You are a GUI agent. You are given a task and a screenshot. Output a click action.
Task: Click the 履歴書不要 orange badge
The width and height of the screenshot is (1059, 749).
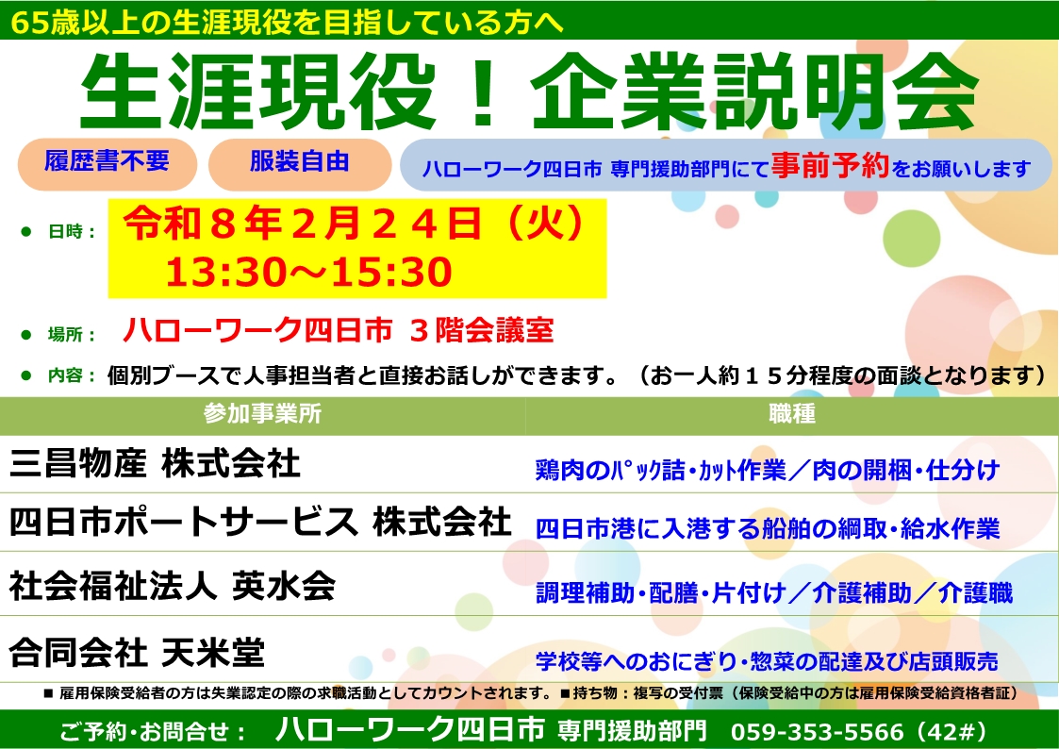click(x=108, y=164)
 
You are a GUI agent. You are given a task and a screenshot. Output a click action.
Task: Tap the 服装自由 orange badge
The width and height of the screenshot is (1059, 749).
click(x=300, y=164)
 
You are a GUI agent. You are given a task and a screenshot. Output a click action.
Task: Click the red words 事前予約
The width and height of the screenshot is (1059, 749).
click(x=830, y=165)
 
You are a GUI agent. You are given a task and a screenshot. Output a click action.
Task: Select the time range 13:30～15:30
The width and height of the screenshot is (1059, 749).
click(x=308, y=272)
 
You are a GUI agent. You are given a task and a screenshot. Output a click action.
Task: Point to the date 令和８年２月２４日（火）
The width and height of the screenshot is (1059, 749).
click(x=355, y=224)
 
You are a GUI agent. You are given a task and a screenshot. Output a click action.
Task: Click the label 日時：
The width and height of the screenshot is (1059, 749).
click(x=72, y=232)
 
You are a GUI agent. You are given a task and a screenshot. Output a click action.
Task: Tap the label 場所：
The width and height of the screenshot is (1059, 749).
click(x=72, y=334)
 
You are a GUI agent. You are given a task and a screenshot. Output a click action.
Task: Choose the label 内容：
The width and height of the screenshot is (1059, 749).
click(x=72, y=374)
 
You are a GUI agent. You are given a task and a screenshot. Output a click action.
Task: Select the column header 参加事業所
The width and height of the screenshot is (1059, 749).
click(x=263, y=413)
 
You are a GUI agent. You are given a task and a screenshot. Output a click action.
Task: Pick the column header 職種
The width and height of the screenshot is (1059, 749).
click(x=791, y=413)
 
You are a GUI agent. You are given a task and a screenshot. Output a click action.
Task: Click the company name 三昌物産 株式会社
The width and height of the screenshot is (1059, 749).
click(x=155, y=464)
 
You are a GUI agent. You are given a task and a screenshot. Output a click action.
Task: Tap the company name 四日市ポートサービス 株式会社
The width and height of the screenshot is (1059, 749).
click(x=260, y=522)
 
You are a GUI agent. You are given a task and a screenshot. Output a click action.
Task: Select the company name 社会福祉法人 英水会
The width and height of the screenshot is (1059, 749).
click(x=173, y=586)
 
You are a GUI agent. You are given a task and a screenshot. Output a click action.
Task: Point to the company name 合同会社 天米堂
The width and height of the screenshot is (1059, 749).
click(x=137, y=652)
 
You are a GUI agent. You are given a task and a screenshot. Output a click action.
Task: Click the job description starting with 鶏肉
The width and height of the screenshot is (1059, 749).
click(x=768, y=470)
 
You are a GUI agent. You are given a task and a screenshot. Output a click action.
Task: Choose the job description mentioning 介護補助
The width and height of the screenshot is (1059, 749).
click(x=774, y=593)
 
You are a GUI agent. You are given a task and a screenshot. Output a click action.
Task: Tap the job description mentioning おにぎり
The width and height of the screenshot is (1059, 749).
click(x=767, y=661)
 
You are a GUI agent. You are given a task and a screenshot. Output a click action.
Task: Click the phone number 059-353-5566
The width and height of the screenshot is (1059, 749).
click(x=818, y=731)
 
